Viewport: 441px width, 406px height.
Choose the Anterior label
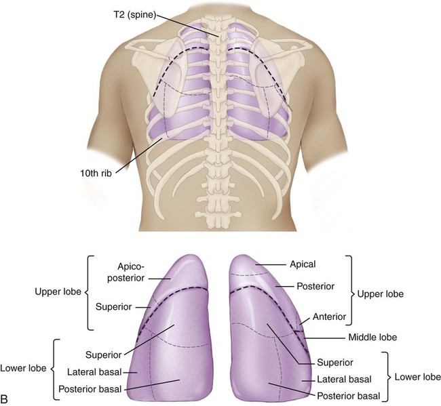(x=331, y=316)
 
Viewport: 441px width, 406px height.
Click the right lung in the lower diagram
(x=271, y=332)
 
